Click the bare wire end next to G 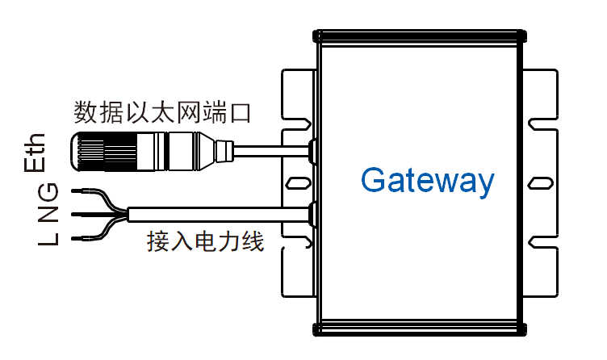click(x=80, y=192)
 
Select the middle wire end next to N click(x=80, y=215)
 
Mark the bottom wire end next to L click(x=80, y=239)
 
